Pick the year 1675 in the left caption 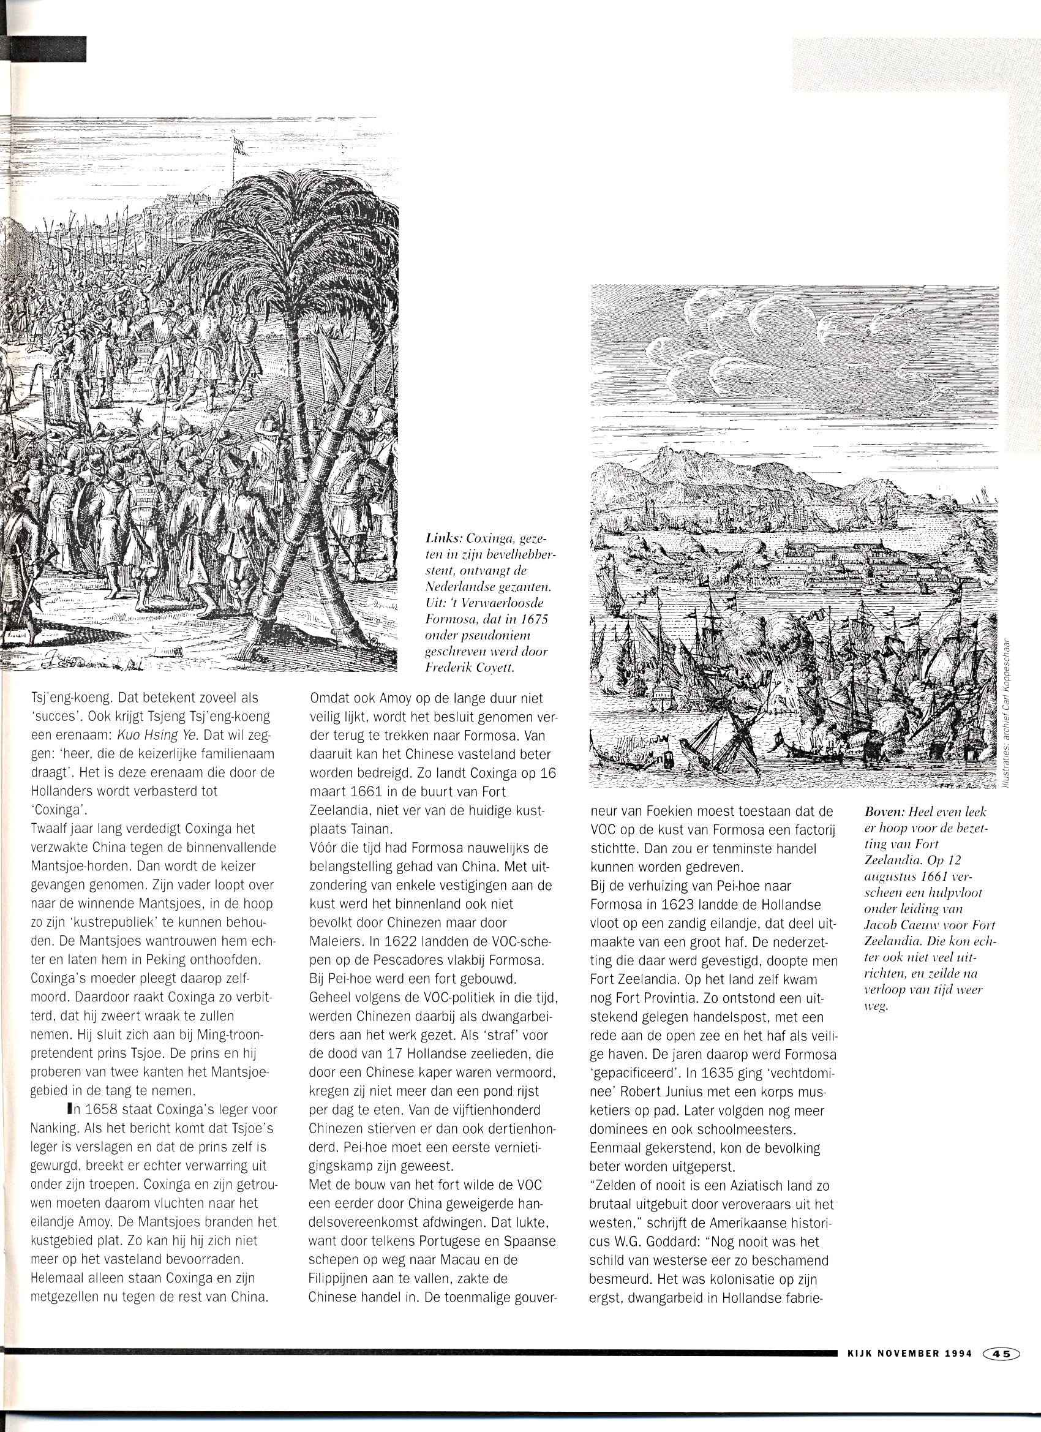(534, 619)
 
